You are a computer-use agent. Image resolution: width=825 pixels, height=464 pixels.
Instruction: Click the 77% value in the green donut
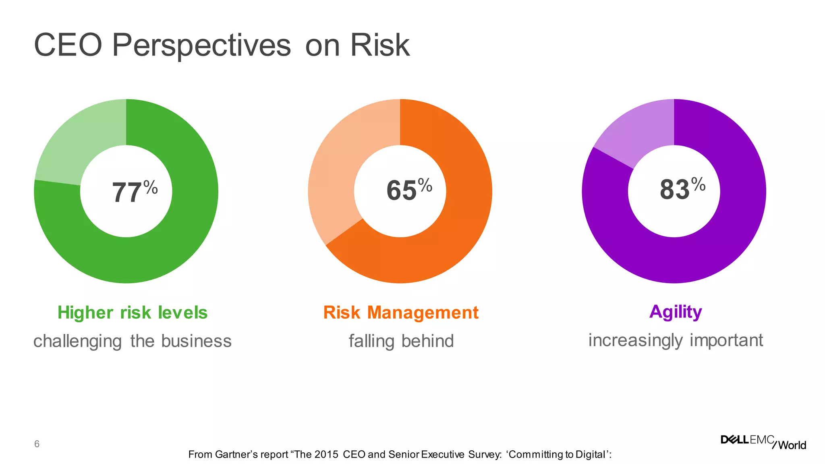pyautogui.click(x=134, y=192)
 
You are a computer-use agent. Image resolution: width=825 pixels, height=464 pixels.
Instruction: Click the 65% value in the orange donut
pyautogui.click(x=408, y=190)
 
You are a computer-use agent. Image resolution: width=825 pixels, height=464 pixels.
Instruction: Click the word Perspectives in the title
pyautogui.click(x=201, y=45)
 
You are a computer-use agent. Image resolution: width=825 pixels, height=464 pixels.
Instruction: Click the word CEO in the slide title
pyautogui.click(x=68, y=45)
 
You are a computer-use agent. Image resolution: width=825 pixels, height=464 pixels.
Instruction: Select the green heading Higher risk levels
pyautogui.click(x=133, y=313)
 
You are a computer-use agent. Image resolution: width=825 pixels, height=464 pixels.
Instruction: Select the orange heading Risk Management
pyautogui.click(x=401, y=313)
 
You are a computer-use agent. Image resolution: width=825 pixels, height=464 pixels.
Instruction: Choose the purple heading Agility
pyautogui.click(x=676, y=312)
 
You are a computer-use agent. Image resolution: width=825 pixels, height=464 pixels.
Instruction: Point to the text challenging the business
pyautogui.click(x=133, y=341)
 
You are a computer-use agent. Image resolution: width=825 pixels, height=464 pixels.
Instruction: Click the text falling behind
pyautogui.click(x=401, y=341)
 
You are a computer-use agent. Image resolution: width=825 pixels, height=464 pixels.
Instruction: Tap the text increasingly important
pyautogui.click(x=676, y=340)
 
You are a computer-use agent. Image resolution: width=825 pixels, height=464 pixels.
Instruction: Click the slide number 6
pyautogui.click(x=37, y=444)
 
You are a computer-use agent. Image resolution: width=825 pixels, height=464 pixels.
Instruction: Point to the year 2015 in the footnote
pyautogui.click(x=326, y=454)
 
